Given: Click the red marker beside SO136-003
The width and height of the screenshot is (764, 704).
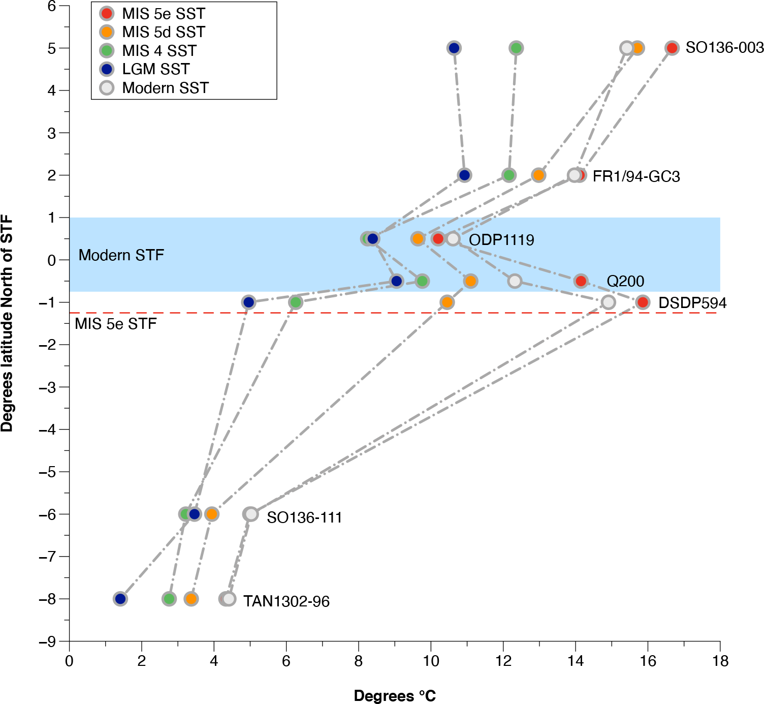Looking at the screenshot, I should coord(672,48).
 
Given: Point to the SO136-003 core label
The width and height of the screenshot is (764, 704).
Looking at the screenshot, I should coord(724,48).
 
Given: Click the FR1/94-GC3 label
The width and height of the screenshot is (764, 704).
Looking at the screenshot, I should coord(636,176).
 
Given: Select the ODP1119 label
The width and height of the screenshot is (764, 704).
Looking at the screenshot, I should coord(501,240).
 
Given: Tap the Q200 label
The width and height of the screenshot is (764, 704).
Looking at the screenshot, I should coord(625,281).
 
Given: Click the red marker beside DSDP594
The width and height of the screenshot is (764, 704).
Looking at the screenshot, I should coord(643,302).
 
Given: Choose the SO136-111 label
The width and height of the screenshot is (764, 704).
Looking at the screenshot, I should coord(304,517).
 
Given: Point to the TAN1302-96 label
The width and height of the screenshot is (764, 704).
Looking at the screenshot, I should coord(286,601).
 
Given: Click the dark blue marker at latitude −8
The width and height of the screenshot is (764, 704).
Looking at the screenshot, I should coord(120,599).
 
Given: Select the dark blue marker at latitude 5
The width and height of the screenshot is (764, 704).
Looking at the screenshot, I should coord(454,48).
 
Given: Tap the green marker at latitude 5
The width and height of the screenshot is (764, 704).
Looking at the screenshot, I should coord(516,48).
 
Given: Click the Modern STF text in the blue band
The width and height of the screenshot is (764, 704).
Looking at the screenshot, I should coord(121,255).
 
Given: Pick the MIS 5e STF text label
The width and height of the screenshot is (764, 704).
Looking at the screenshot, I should coord(116,324).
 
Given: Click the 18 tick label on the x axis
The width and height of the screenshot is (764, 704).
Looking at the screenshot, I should coord(720,661).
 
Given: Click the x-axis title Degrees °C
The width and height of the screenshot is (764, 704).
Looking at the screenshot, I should coord(395,696).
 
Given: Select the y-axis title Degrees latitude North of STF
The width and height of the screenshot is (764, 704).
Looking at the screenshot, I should coord(7,324).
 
